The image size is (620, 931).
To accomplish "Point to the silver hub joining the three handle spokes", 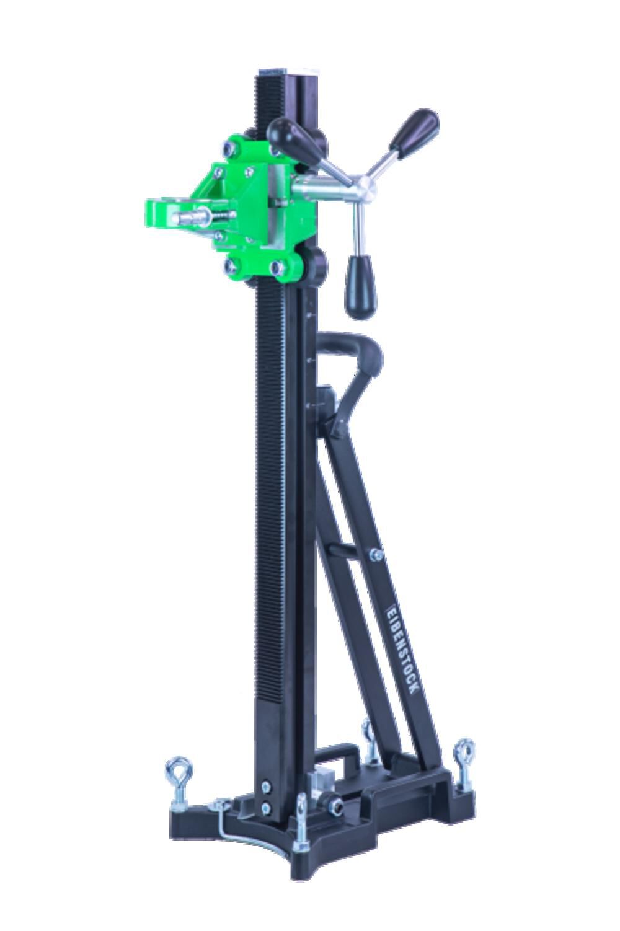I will pos(359,186).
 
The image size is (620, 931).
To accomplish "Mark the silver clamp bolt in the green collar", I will pos(196,219).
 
